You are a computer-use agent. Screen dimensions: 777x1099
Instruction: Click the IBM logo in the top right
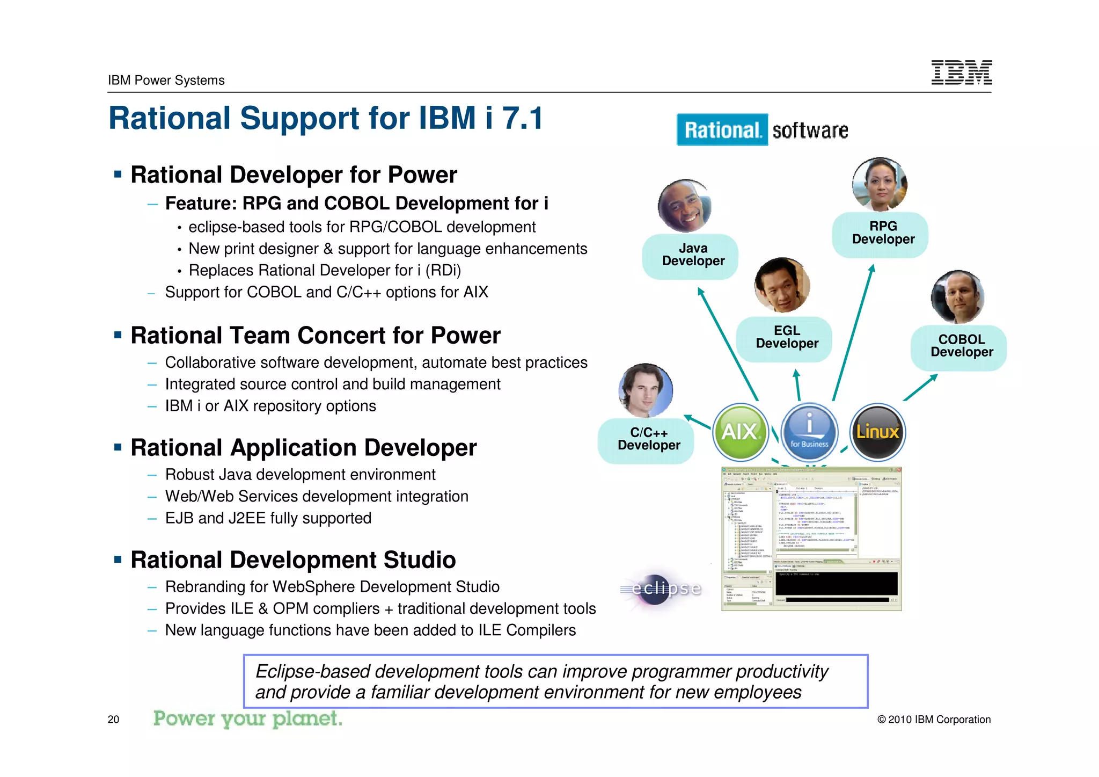[x=961, y=72]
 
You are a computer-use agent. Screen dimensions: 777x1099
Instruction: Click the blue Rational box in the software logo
[x=722, y=130]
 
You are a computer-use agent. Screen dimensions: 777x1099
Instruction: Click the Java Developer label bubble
[x=693, y=255]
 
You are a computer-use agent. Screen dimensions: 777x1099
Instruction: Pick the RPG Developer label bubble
[x=883, y=233]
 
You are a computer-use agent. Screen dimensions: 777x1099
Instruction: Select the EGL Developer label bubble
[x=787, y=337]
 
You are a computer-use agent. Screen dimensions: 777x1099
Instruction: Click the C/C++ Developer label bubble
[x=648, y=439]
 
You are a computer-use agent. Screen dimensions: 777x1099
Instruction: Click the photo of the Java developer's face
[x=684, y=206]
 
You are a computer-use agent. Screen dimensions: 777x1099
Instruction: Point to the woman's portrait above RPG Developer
[x=880, y=184]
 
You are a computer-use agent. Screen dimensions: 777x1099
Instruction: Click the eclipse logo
[x=662, y=589]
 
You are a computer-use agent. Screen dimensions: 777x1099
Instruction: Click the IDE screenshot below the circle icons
[x=811, y=539]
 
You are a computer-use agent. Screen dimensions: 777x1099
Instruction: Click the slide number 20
[x=113, y=720]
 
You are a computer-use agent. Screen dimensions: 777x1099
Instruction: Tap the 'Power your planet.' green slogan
[x=247, y=718]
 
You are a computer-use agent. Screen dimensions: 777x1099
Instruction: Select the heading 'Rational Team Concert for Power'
[x=316, y=336]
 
